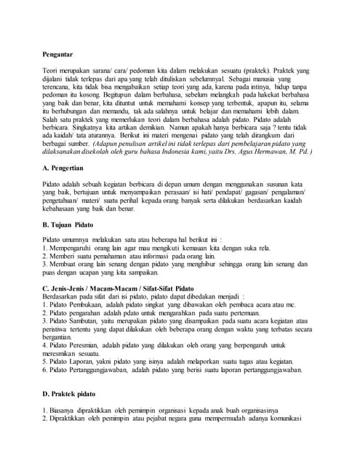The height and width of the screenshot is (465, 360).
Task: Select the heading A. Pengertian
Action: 67,168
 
